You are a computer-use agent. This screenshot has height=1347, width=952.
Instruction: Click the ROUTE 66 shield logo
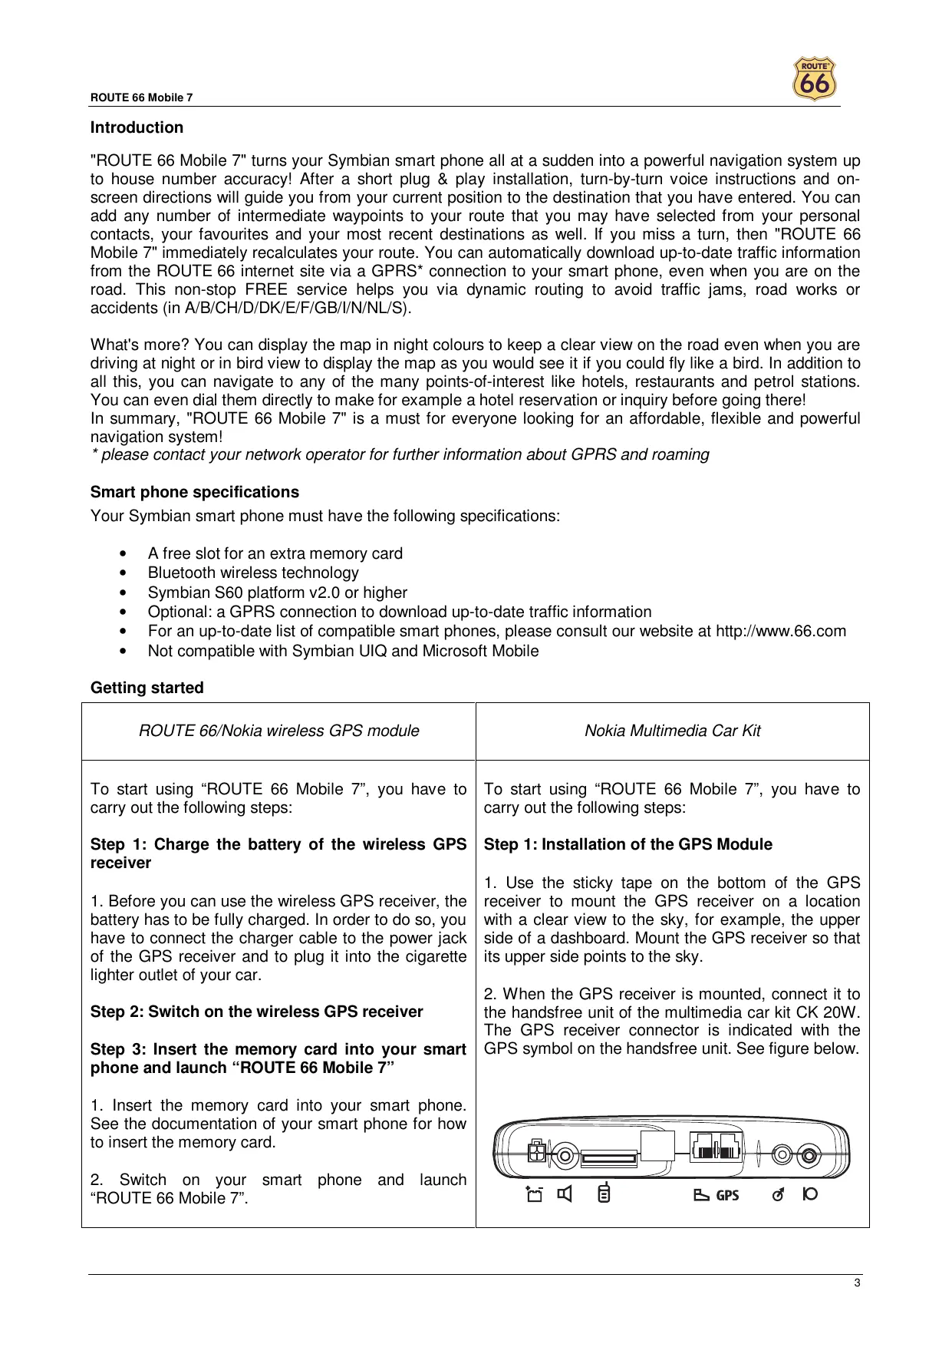[814, 79]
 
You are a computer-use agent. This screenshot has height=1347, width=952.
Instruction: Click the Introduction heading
[137, 127]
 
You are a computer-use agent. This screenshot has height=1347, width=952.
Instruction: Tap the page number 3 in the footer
[858, 1283]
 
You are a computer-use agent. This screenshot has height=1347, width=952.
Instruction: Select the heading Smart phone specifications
[194, 492]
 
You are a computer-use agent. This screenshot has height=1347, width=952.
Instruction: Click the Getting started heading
[147, 688]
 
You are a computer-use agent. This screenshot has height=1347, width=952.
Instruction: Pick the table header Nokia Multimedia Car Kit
[672, 731]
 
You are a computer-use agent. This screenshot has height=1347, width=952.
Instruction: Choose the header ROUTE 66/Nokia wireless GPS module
[278, 731]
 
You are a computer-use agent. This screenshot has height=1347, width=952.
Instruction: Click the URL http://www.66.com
[780, 631]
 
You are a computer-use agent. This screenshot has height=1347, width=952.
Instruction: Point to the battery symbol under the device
[534, 1194]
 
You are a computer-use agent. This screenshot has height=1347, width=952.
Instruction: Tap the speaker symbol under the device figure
[565, 1194]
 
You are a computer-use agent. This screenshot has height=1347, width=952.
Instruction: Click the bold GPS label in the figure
[727, 1195]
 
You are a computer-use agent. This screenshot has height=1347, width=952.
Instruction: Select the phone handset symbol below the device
[604, 1194]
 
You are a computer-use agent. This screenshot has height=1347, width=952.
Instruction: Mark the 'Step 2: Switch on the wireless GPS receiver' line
[256, 1012]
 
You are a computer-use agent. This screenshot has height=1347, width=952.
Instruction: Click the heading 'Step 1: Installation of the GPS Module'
[628, 844]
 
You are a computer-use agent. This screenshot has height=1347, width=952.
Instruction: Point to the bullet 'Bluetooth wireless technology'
[253, 573]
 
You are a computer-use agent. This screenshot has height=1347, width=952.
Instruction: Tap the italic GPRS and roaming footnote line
[400, 454]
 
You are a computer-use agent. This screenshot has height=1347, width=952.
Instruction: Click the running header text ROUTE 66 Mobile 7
[141, 97]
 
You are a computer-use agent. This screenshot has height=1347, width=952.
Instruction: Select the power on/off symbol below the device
[809, 1194]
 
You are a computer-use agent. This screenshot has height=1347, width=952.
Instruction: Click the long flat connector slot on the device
[609, 1157]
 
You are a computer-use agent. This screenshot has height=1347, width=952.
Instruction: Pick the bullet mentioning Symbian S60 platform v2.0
[277, 593]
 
